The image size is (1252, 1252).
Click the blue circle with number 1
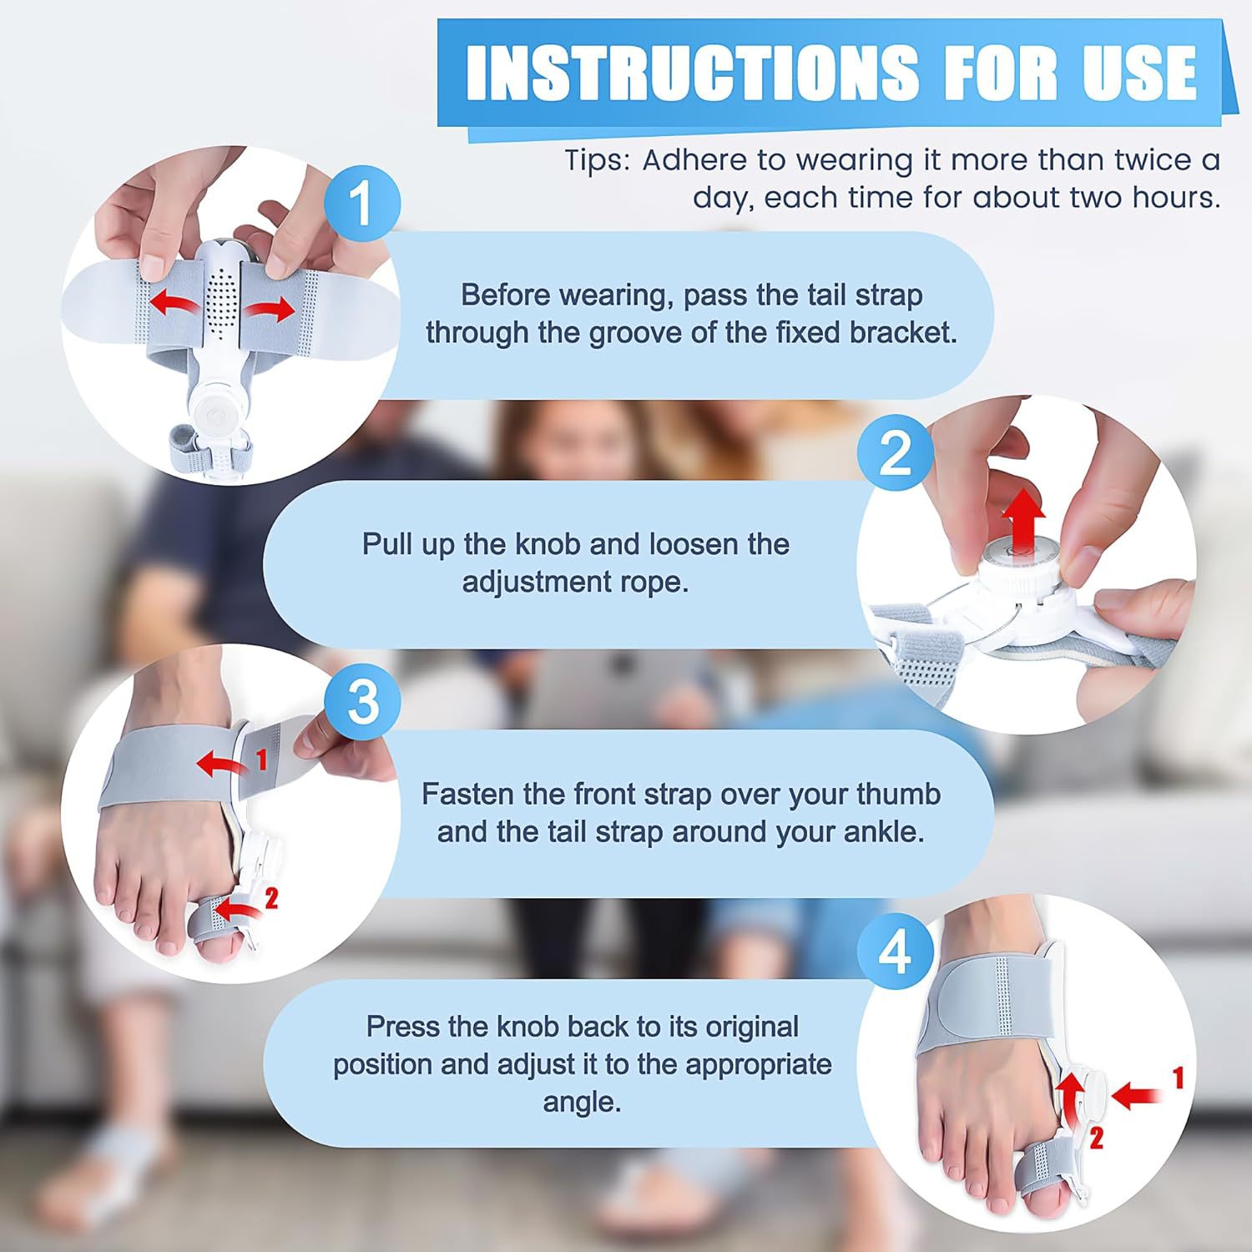(x=361, y=203)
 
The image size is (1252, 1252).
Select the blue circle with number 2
(x=896, y=454)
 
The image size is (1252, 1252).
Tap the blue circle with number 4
(x=896, y=952)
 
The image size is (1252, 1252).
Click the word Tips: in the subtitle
(x=598, y=159)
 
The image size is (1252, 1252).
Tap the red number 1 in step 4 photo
(x=1178, y=1079)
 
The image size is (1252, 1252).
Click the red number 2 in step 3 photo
(x=270, y=898)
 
